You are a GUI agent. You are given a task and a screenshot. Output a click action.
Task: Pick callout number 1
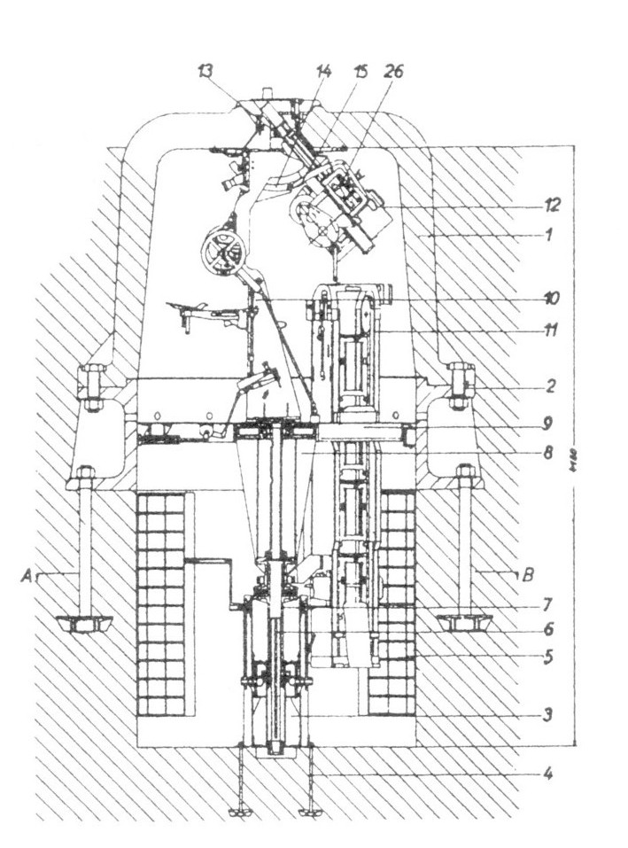tap(549, 236)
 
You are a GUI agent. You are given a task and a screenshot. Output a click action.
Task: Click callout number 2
tap(550, 386)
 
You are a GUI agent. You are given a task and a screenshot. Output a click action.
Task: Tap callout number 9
tap(550, 423)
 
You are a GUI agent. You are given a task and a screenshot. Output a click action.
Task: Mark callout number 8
tap(550, 453)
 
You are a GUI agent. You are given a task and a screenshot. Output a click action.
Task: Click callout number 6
tap(549, 630)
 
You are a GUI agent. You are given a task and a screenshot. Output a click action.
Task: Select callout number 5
tap(550, 657)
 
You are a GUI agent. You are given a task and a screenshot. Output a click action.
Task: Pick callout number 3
tap(549, 713)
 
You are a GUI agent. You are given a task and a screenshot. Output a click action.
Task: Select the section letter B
tap(527, 574)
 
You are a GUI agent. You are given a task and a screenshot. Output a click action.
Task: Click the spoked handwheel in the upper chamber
tap(221, 252)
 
